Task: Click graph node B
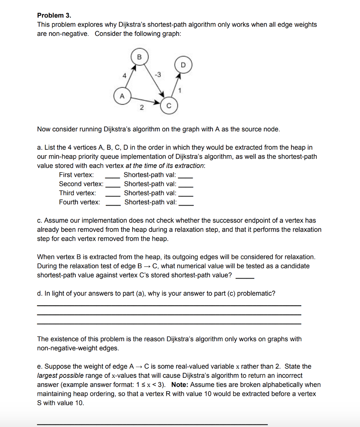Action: (139, 57)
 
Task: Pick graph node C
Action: (169, 106)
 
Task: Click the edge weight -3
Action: (157, 75)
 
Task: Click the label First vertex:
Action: (77, 175)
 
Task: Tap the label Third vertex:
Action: (77, 193)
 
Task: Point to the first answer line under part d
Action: (169, 306)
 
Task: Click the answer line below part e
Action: (152, 424)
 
